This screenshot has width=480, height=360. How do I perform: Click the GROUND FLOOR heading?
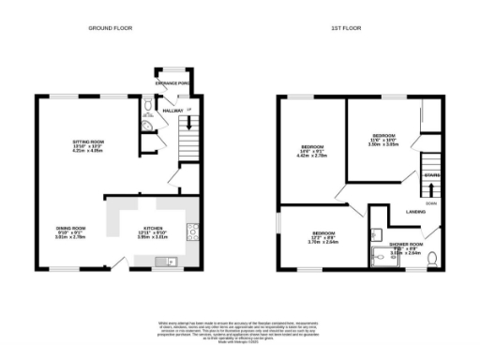coord(110,28)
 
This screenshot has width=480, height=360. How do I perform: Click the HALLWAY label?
coord(172,111)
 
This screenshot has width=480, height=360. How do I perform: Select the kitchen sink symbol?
coord(171,261)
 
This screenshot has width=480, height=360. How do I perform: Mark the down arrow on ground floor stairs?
coord(190,121)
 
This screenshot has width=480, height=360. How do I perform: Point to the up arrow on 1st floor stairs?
coord(430,160)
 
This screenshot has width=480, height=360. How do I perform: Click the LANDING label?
coord(416,212)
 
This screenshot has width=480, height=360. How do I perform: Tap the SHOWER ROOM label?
coord(406,244)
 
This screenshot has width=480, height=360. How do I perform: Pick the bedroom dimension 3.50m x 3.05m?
coord(384,144)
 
